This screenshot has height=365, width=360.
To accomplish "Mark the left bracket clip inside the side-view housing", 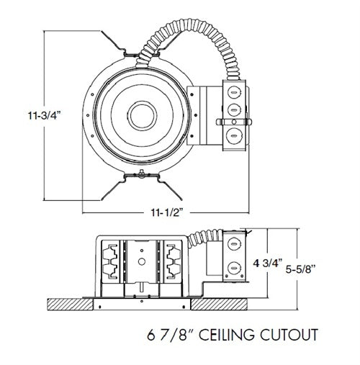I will coord(113,263).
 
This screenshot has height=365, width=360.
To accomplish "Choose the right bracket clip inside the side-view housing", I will coord(174,263).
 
